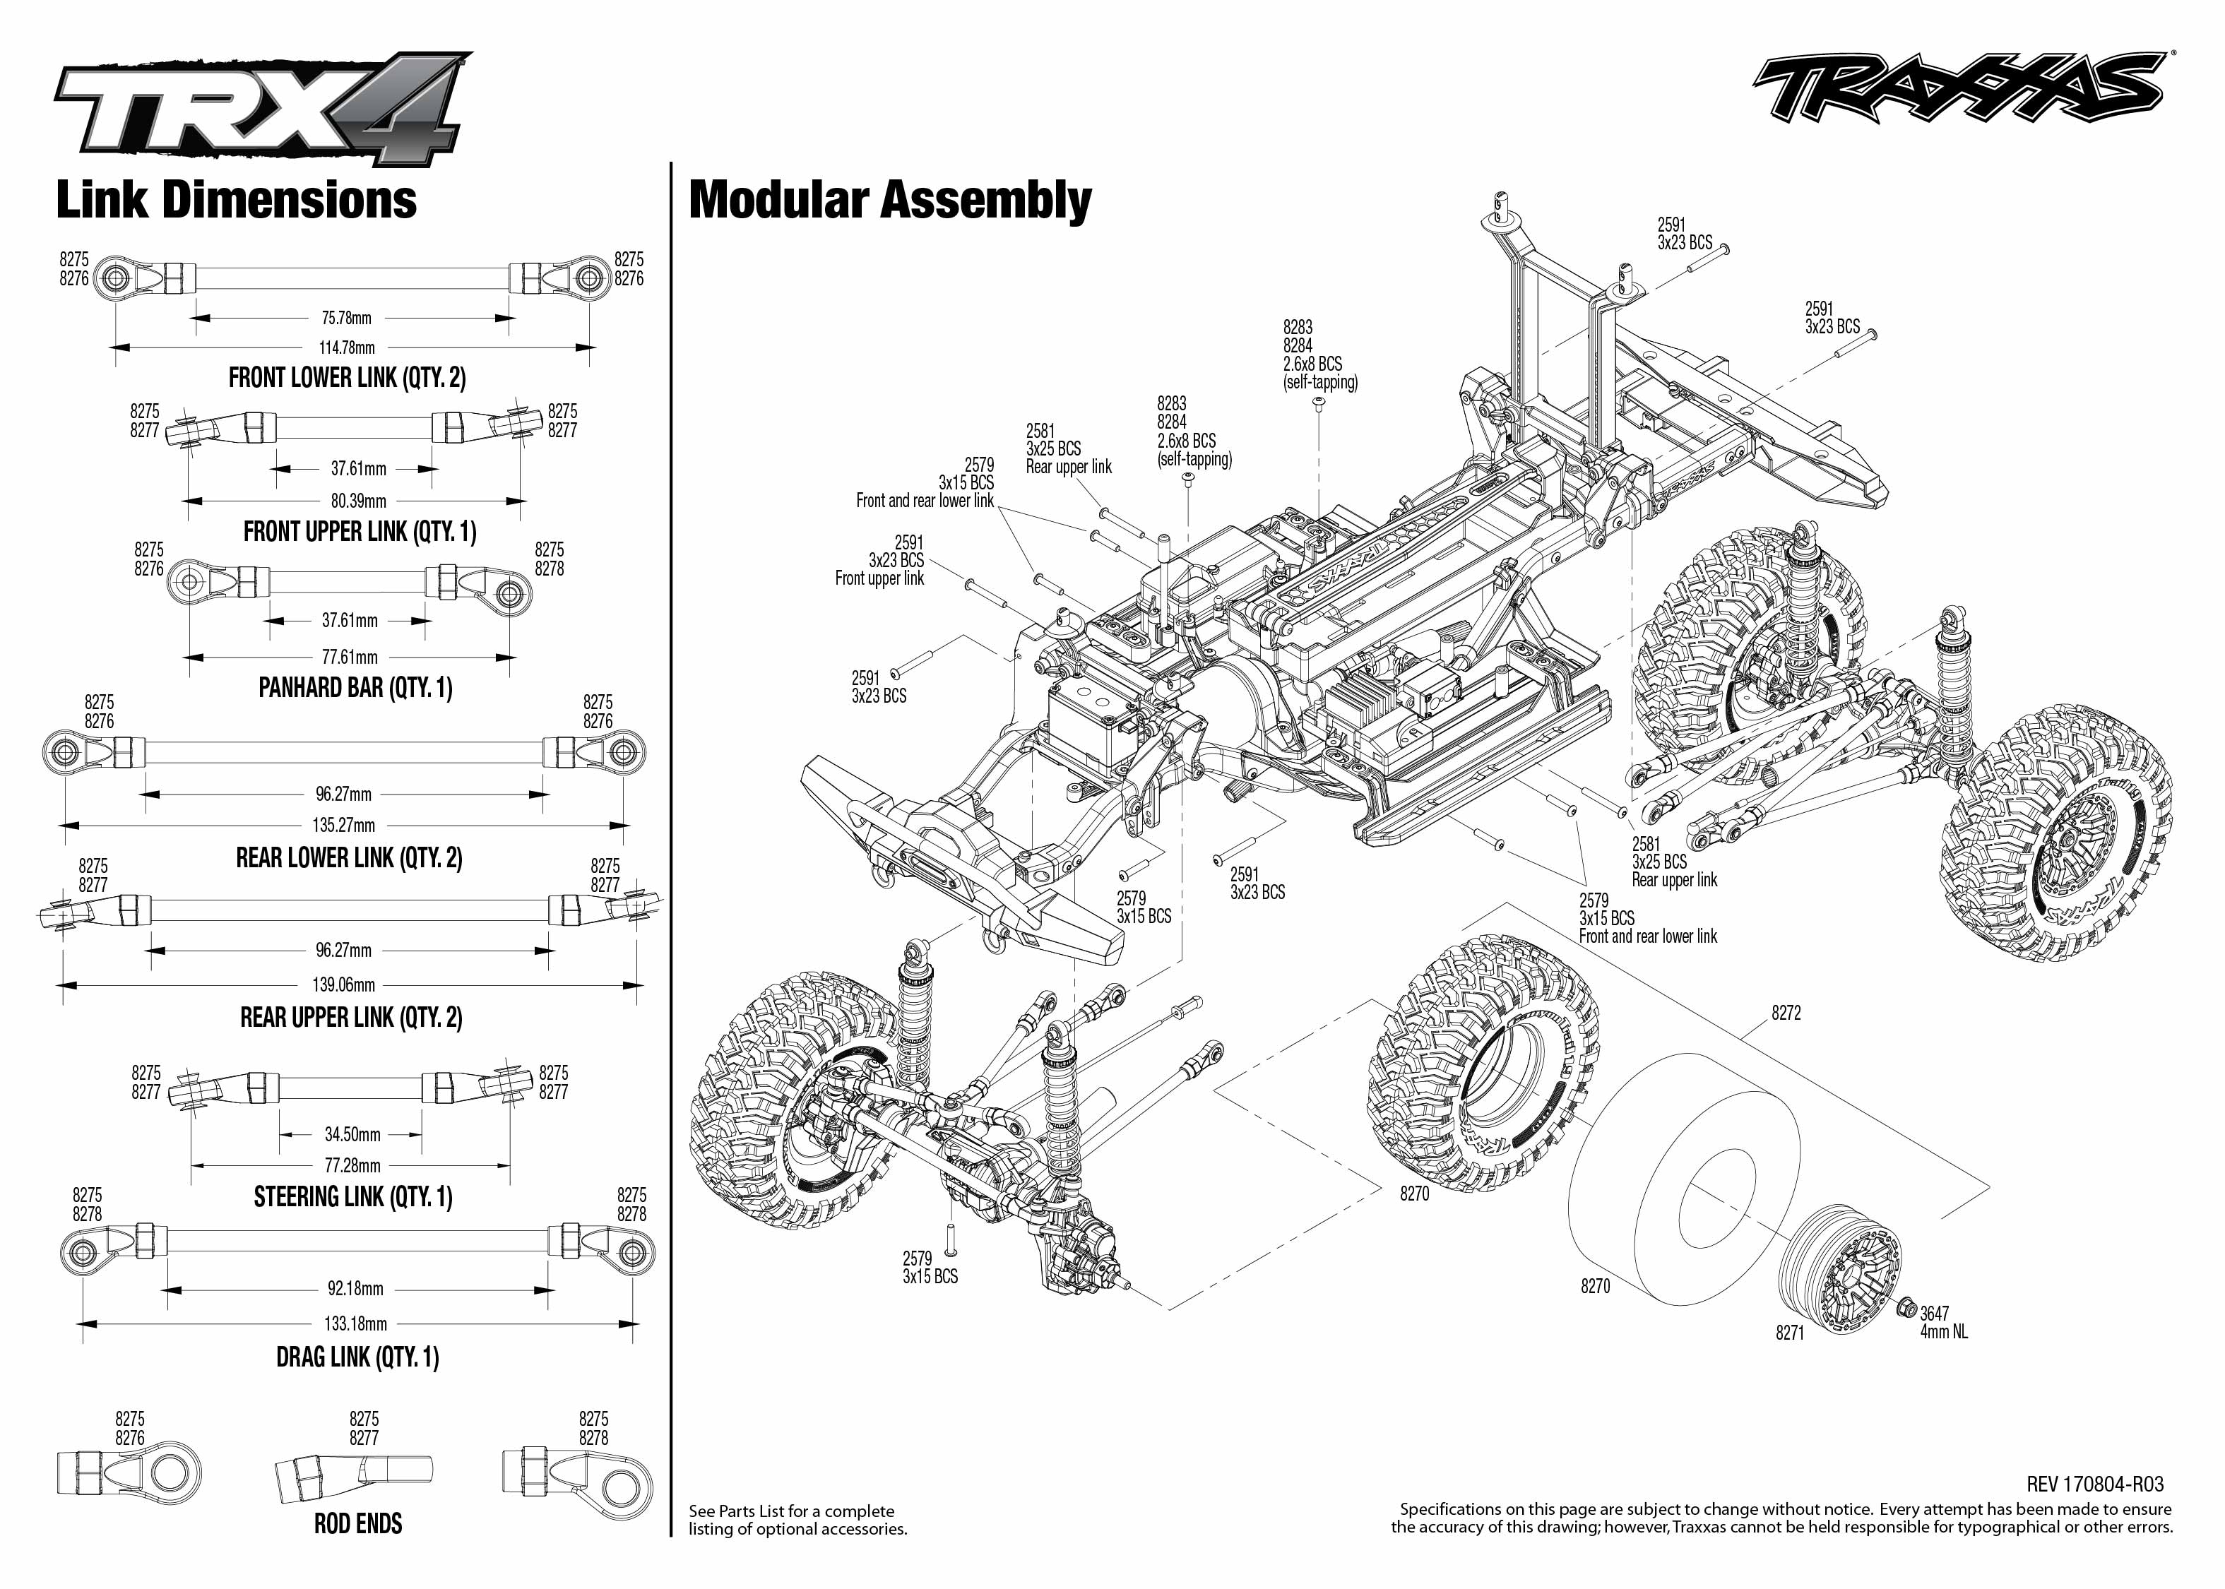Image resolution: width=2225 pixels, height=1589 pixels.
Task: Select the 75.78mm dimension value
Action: [x=346, y=318]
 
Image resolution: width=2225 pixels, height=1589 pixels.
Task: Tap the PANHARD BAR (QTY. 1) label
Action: [x=355, y=688]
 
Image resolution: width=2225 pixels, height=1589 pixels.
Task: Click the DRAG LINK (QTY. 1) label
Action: [x=357, y=1357]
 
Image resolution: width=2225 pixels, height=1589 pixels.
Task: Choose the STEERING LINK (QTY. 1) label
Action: [x=353, y=1196]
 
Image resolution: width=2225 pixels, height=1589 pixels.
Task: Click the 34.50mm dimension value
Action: [x=352, y=1135]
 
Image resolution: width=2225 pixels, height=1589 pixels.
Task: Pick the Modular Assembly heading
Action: [x=891, y=200]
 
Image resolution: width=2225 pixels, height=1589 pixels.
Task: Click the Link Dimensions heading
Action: [x=237, y=200]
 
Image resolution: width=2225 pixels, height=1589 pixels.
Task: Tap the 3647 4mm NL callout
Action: [x=1943, y=1323]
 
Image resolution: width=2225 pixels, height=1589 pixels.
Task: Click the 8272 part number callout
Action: [x=1786, y=1013]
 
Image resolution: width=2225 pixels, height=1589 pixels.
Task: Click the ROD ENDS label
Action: [x=358, y=1523]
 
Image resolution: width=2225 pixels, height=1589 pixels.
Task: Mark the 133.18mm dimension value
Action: [x=356, y=1324]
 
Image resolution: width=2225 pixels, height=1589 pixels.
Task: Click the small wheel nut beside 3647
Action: [x=1906, y=1308]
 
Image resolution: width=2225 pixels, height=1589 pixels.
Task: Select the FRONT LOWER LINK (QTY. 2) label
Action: [x=348, y=378]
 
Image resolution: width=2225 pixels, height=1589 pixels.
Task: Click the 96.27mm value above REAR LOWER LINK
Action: [x=343, y=794]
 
